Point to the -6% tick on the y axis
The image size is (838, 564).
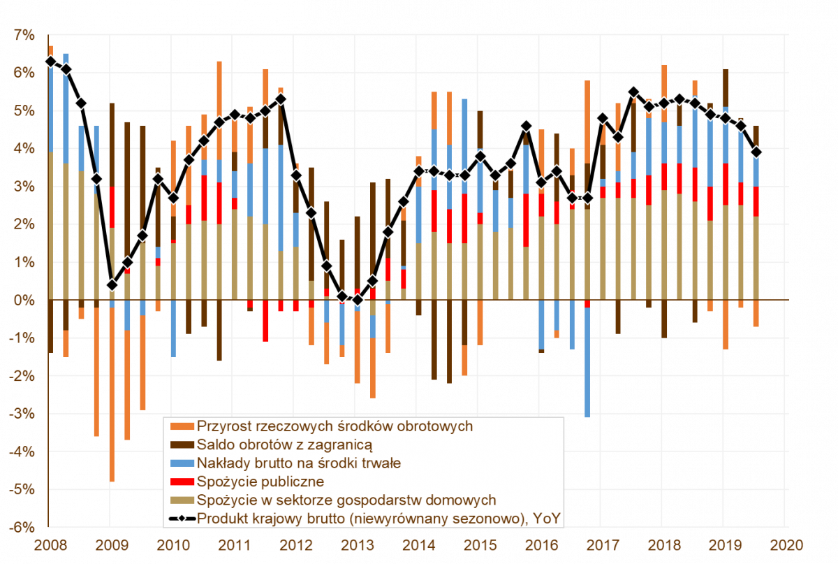tap(22, 527)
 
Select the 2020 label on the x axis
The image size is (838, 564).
tap(786, 544)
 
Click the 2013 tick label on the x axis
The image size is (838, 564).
tap(355, 544)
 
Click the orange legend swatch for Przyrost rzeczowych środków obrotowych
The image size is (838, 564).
tap(180, 425)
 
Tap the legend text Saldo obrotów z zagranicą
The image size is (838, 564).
tap(284, 444)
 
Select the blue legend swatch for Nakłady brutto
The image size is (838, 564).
tap(180, 463)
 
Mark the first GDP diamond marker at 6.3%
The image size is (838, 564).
tap(50, 62)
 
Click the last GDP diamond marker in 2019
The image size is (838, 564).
tap(756, 152)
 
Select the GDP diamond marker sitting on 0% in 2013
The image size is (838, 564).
tap(358, 300)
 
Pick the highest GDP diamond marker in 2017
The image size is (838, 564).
tap(633, 92)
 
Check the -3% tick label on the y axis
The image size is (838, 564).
tap(22, 414)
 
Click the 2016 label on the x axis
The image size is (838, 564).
tap(540, 544)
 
